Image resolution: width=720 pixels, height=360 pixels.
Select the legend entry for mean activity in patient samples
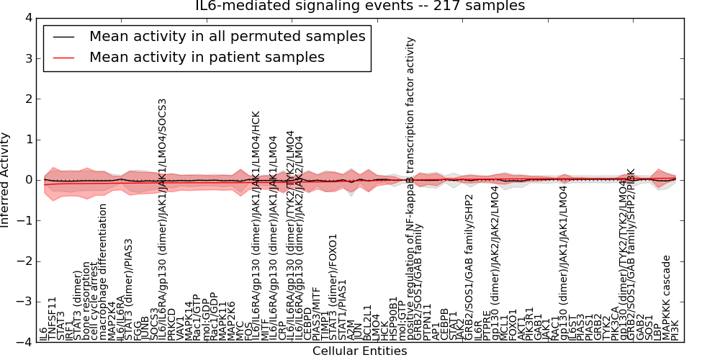pos(207,57)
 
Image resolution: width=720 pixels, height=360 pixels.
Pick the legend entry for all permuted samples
pos(227,36)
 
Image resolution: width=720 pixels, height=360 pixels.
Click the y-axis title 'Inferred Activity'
pos(6,179)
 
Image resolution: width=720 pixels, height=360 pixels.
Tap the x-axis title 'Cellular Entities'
pos(359,351)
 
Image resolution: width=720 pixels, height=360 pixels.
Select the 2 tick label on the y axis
pos(27,99)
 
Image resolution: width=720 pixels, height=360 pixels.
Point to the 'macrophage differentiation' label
pos(103,272)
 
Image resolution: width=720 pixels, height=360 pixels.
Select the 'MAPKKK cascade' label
pos(667,297)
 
